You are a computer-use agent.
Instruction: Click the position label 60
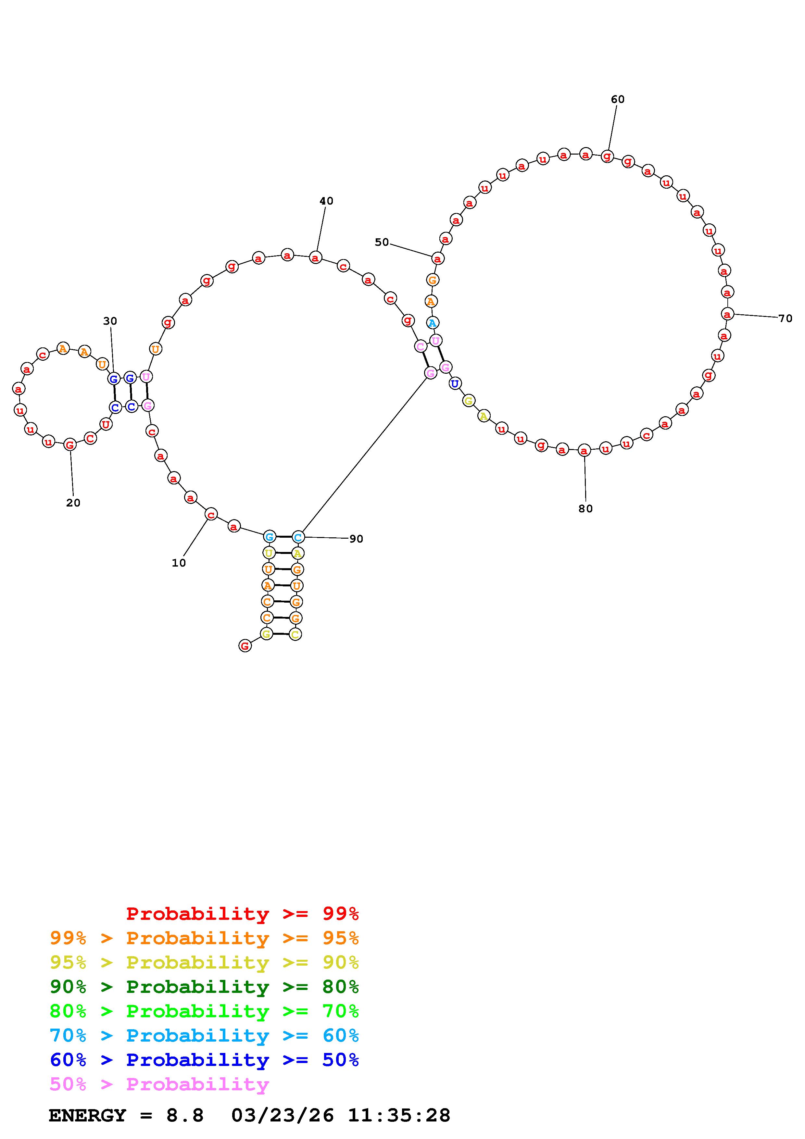(618, 99)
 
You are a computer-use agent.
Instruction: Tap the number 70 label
(785, 319)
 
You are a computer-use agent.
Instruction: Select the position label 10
(179, 563)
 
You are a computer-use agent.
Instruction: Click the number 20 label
(73, 503)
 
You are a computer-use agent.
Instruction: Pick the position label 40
(326, 201)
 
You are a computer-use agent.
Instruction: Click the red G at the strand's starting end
(245, 645)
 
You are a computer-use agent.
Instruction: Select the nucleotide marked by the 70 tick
(727, 314)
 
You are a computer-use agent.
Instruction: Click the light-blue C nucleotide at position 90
(297, 537)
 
